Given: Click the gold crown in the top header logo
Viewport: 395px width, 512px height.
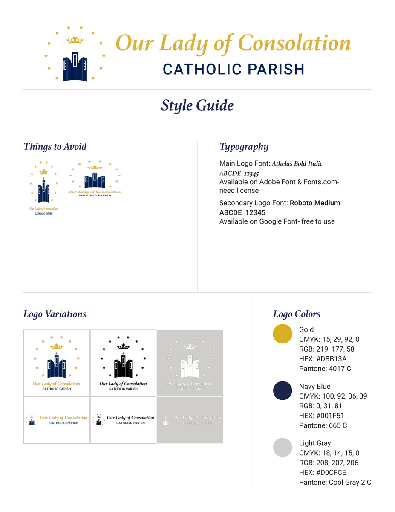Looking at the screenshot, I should click(75, 41).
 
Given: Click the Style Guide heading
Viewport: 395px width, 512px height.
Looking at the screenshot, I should click(197, 105).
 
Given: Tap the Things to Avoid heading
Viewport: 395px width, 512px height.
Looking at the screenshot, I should click(55, 147).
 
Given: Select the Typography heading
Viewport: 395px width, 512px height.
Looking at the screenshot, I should click(244, 147).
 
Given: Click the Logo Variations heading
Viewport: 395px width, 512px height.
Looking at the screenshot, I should click(55, 314).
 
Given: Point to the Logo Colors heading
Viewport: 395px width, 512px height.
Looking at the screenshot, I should click(297, 314).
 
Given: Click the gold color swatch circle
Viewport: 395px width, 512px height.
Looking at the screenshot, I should click(282, 334).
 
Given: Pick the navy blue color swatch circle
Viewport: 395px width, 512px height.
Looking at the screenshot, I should click(282, 391).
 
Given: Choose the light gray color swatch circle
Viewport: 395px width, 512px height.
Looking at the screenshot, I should click(282, 448).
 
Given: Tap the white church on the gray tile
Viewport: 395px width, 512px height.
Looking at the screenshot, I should click(190, 365).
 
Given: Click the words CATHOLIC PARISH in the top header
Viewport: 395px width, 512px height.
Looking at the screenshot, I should click(234, 69).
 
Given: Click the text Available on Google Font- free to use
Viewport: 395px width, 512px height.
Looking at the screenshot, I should click(277, 221).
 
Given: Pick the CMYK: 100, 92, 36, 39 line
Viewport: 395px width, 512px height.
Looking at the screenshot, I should click(333, 396).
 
